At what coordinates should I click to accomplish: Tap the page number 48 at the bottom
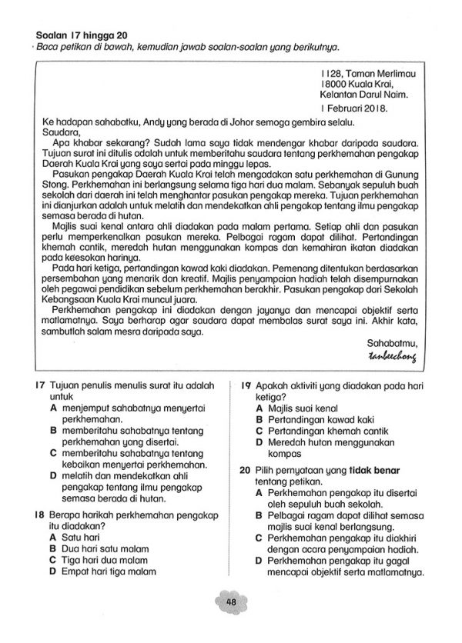pos(229,601)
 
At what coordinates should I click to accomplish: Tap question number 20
pos(245,470)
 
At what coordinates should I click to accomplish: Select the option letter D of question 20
pos(260,562)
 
